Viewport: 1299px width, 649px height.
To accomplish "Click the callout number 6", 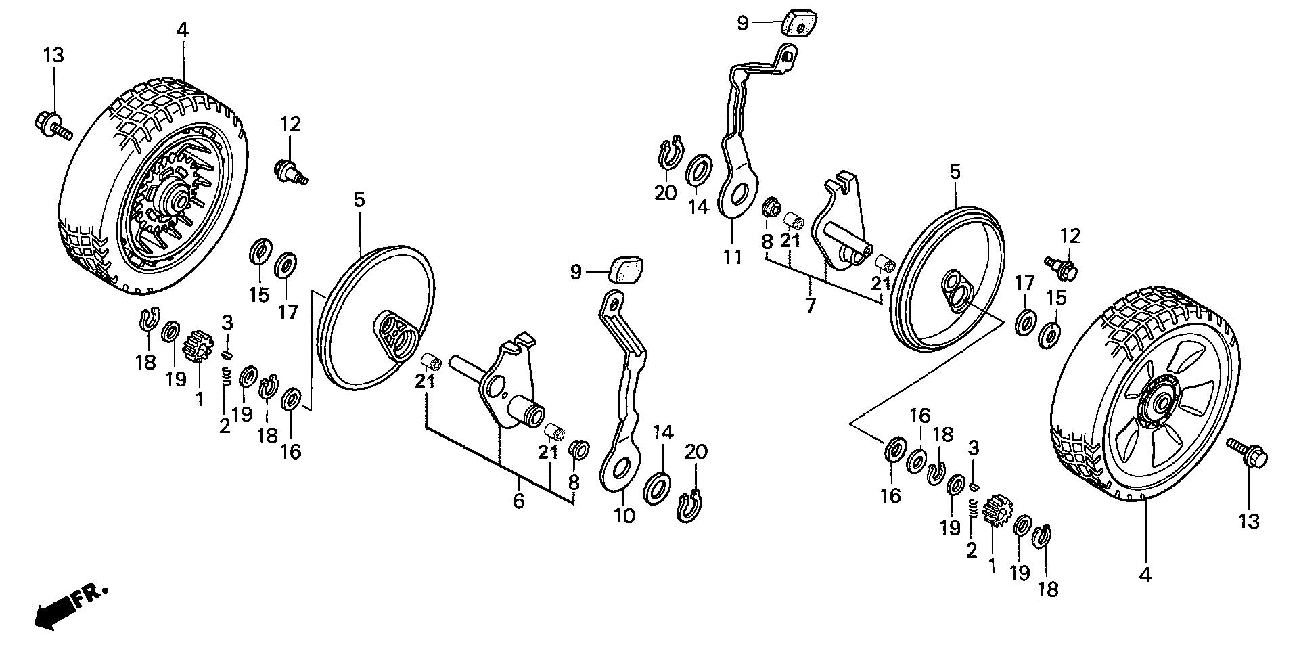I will pos(518,501).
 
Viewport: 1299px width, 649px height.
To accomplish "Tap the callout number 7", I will pos(811,305).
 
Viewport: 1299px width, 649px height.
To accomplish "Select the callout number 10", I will pos(624,516).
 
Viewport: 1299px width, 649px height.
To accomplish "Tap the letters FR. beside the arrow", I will pos(91,595).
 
